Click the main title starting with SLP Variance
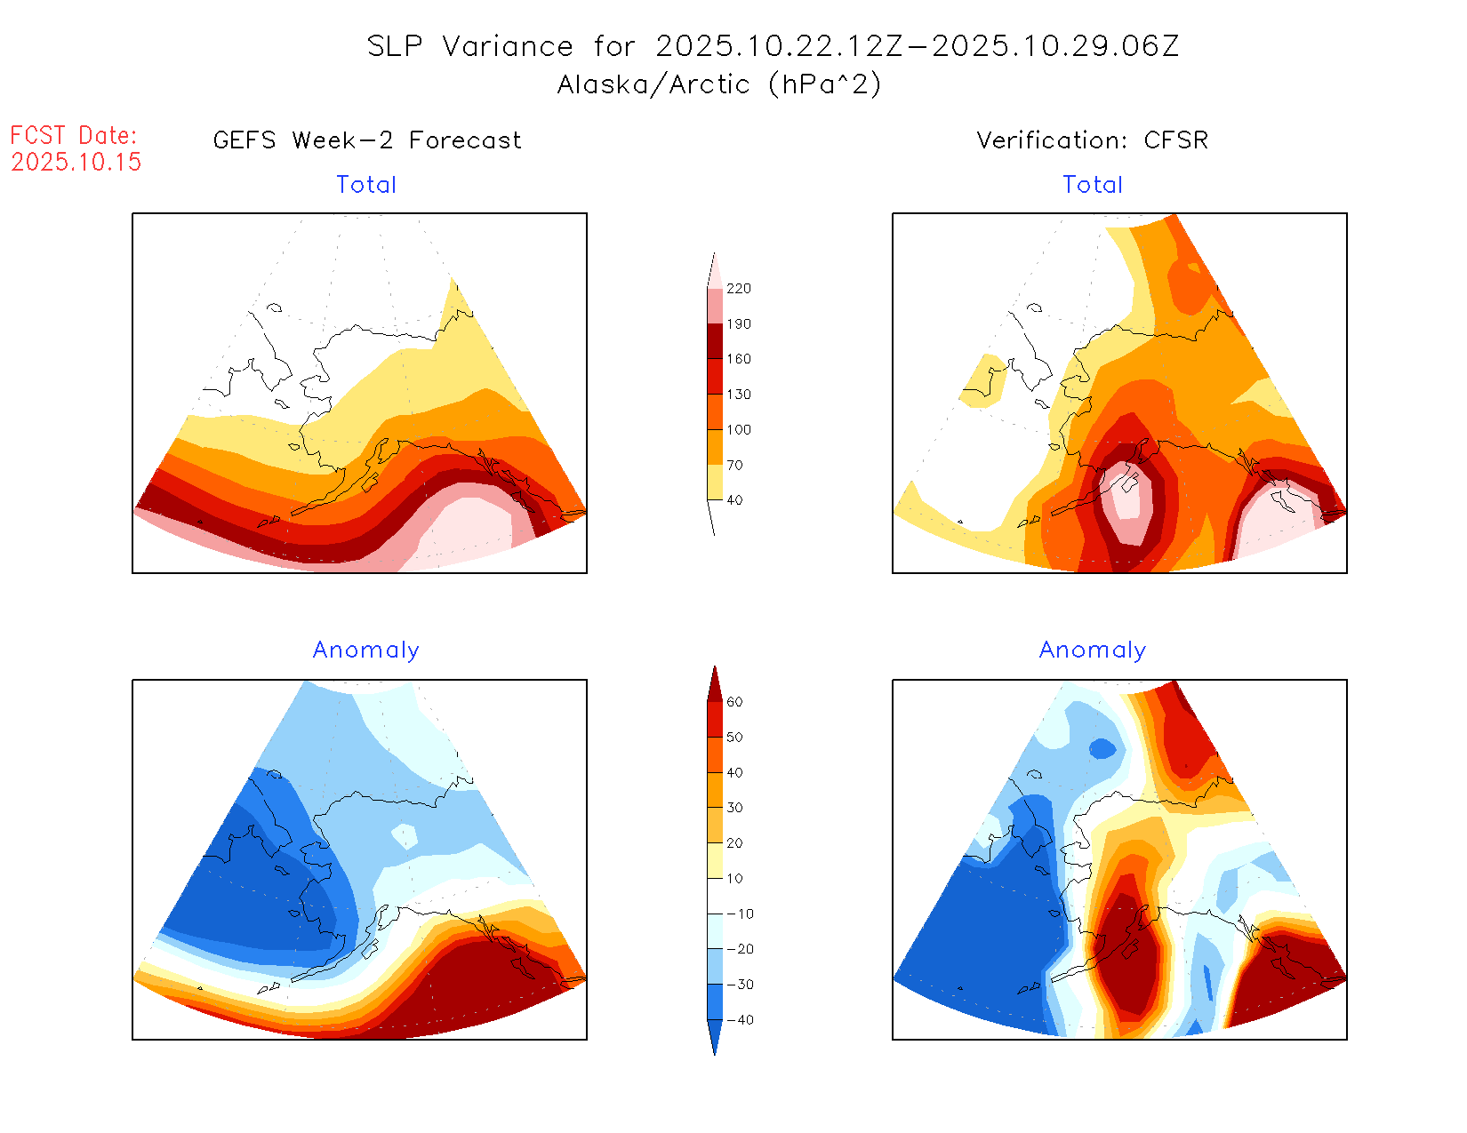(x=773, y=46)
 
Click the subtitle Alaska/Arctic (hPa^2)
(x=719, y=84)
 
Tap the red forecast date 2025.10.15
(x=76, y=162)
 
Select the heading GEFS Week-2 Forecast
(x=367, y=140)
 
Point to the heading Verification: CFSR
(x=1092, y=140)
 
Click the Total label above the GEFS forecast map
(x=366, y=185)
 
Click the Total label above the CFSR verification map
(x=1093, y=185)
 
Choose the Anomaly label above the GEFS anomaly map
(x=365, y=650)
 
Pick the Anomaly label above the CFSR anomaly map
(x=1093, y=650)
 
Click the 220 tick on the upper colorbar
(x=738, y=289)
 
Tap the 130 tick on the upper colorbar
(x=738, y=395)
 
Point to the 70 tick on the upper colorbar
(x=734, y=465)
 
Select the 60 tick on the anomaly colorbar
(x=734, y=702)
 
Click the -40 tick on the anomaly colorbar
(x=740, y=1020)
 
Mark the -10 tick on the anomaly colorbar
(x=740, y=914)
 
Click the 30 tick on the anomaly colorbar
(x=734, y=808)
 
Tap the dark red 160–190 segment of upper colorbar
(x=715, y=341)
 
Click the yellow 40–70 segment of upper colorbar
(x=715, y=483)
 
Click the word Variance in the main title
(x=508, y=46)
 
